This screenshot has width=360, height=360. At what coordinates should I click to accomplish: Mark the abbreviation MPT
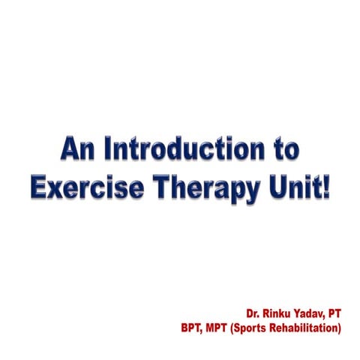click(x=222, y=327)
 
